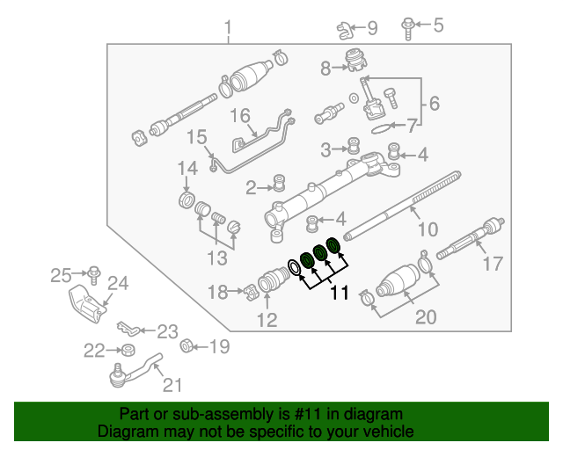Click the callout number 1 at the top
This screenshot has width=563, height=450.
click(x=228, y=33)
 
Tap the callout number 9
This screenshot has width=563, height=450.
click(x=371, y=29)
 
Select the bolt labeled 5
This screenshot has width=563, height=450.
click(x=409, y=25)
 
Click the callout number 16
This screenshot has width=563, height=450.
click(x=240, y=116)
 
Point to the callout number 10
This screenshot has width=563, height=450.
click(x=427, y=230)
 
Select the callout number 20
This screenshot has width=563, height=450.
click(x=425, y=316)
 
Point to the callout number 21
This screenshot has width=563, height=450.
click(x=172, y=385)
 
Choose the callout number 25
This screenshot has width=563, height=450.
click(x=60, y=276)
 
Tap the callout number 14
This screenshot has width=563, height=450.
click(x=187, y=168)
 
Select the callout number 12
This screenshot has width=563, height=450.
click(x=267, y=320)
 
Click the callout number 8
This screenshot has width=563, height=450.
click(x=325, y=68)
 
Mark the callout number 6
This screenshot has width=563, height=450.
click(x=433, y=105)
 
